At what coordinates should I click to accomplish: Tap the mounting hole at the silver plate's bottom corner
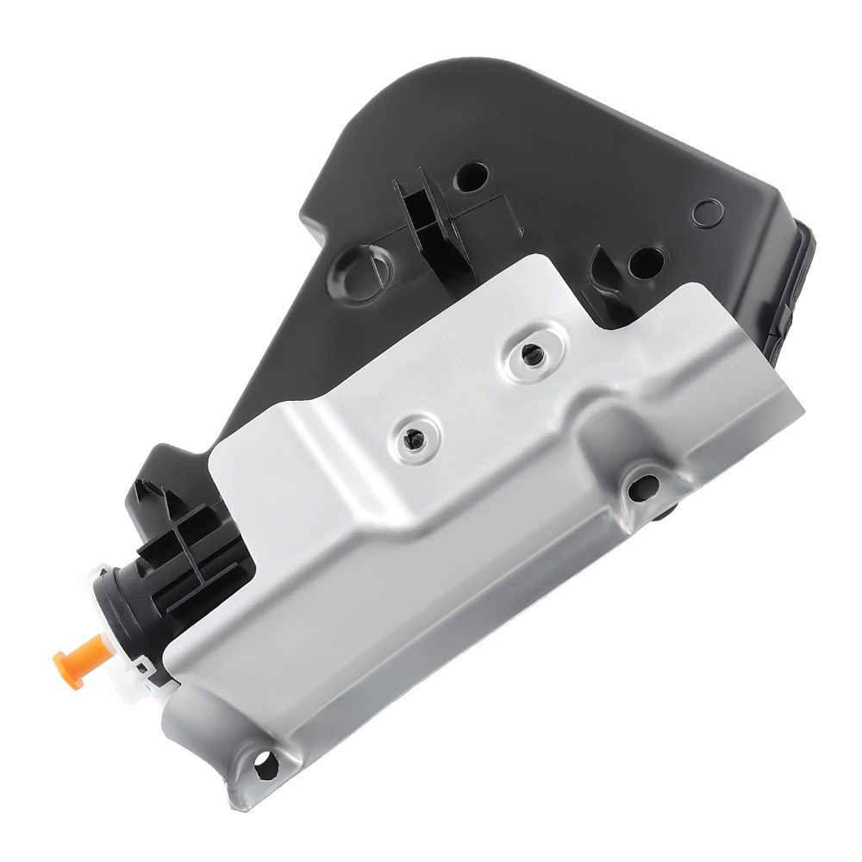[265, 761]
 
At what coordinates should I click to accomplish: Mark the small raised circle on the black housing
[709, 211]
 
